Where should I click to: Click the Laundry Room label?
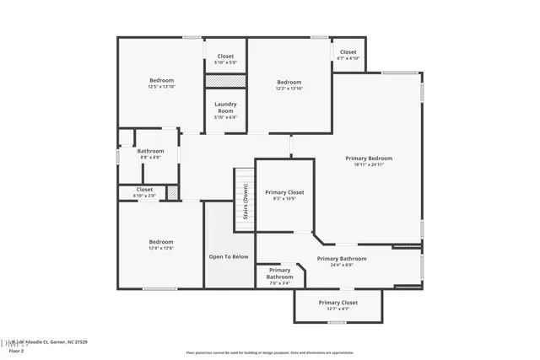225,107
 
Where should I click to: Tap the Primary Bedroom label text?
369,158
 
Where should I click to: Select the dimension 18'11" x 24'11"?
369,164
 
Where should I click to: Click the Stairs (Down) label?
245,201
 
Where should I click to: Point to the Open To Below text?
229,256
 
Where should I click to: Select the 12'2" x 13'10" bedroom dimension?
289,89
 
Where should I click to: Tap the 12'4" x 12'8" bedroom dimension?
161,248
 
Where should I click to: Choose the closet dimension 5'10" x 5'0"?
225,62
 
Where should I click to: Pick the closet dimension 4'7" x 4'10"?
348,58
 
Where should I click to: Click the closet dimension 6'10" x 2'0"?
144,196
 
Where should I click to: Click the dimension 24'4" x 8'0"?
341,265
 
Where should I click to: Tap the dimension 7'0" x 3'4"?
279,283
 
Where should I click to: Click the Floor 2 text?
16,350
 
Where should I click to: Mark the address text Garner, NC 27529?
71,342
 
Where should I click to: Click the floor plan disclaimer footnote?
269,352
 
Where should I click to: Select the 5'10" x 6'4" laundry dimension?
225,117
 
